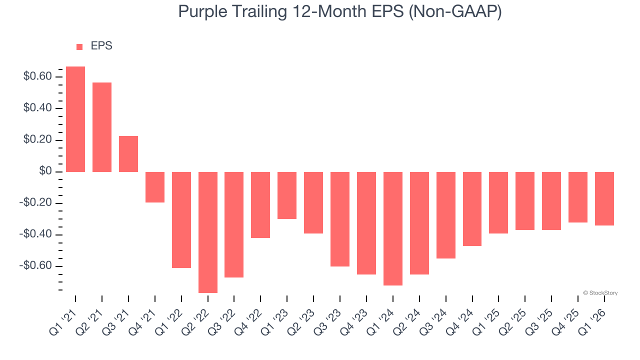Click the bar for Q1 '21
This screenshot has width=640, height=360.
click(75, 119)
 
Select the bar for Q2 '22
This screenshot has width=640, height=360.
click(208, 232)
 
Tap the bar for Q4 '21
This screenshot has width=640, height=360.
click(155, 187)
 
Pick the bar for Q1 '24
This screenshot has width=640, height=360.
click(393, 228)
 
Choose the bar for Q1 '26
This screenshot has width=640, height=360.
click(604, 198)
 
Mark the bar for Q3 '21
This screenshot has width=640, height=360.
click(128, 154)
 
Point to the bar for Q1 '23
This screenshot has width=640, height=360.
click(287, 195)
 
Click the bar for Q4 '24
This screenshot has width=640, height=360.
click(472, 209)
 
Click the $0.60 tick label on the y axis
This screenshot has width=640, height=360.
click(37, 76)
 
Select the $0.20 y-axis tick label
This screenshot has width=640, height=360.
click(37, 140)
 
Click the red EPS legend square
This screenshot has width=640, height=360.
click(79, 47)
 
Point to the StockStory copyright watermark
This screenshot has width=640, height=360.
click(600, 293)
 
